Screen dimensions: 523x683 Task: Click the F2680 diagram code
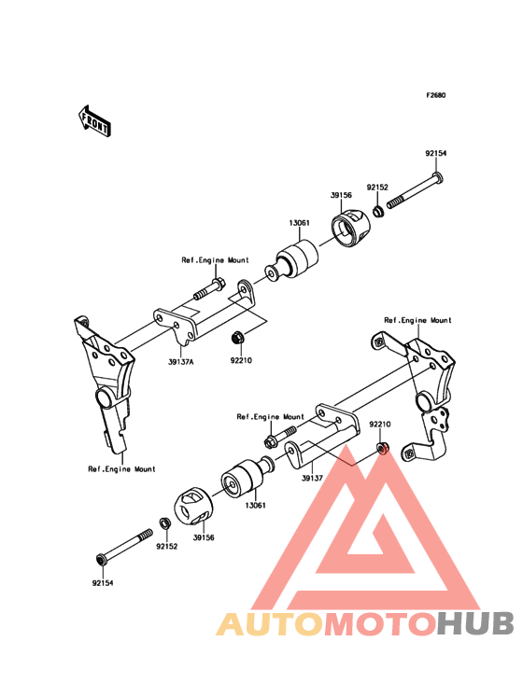pos(436,95)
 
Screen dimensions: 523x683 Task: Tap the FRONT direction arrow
pos(94,120)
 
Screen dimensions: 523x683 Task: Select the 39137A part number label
pos(181,361)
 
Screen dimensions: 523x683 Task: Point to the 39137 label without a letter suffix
pos(312,478)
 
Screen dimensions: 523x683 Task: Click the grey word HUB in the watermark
pos(476,623)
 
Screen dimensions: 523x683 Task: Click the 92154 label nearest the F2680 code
pos(436,153)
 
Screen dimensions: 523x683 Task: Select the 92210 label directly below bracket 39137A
pos(241,361)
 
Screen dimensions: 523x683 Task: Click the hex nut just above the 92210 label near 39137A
pos(237,337)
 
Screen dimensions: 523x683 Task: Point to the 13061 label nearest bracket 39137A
pos(300,223)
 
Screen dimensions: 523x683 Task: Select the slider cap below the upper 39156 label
pos(350,230)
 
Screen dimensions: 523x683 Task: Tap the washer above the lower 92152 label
pos(164,523)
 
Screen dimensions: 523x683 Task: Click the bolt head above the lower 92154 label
pos(101,559)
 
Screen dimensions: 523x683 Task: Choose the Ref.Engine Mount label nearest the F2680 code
pos(418,320)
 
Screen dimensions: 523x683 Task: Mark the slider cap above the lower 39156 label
pos(194,508)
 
